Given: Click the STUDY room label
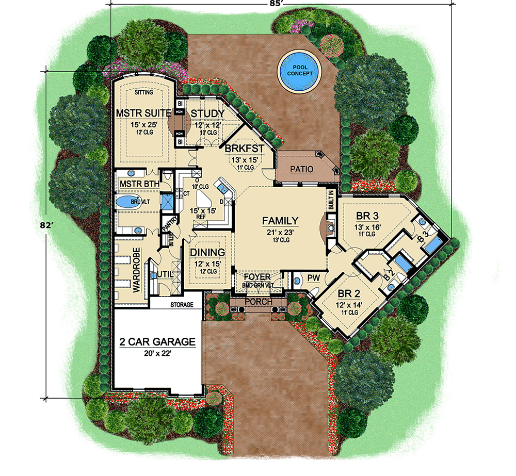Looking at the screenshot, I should click(207, 113).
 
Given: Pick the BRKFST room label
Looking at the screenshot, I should click(245, 149).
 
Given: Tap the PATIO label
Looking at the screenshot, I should click(302, 169).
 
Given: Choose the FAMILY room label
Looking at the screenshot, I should click(280, 221).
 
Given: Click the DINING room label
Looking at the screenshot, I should click(207, 253).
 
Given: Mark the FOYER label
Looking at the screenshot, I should click(258, 277).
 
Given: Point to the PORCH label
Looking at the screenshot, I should click(258, 301).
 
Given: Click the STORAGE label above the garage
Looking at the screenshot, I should click(182, 305).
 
